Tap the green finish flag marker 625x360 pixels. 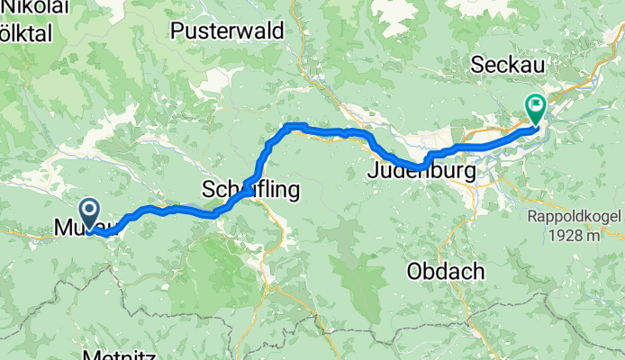(x=535, y=109)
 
